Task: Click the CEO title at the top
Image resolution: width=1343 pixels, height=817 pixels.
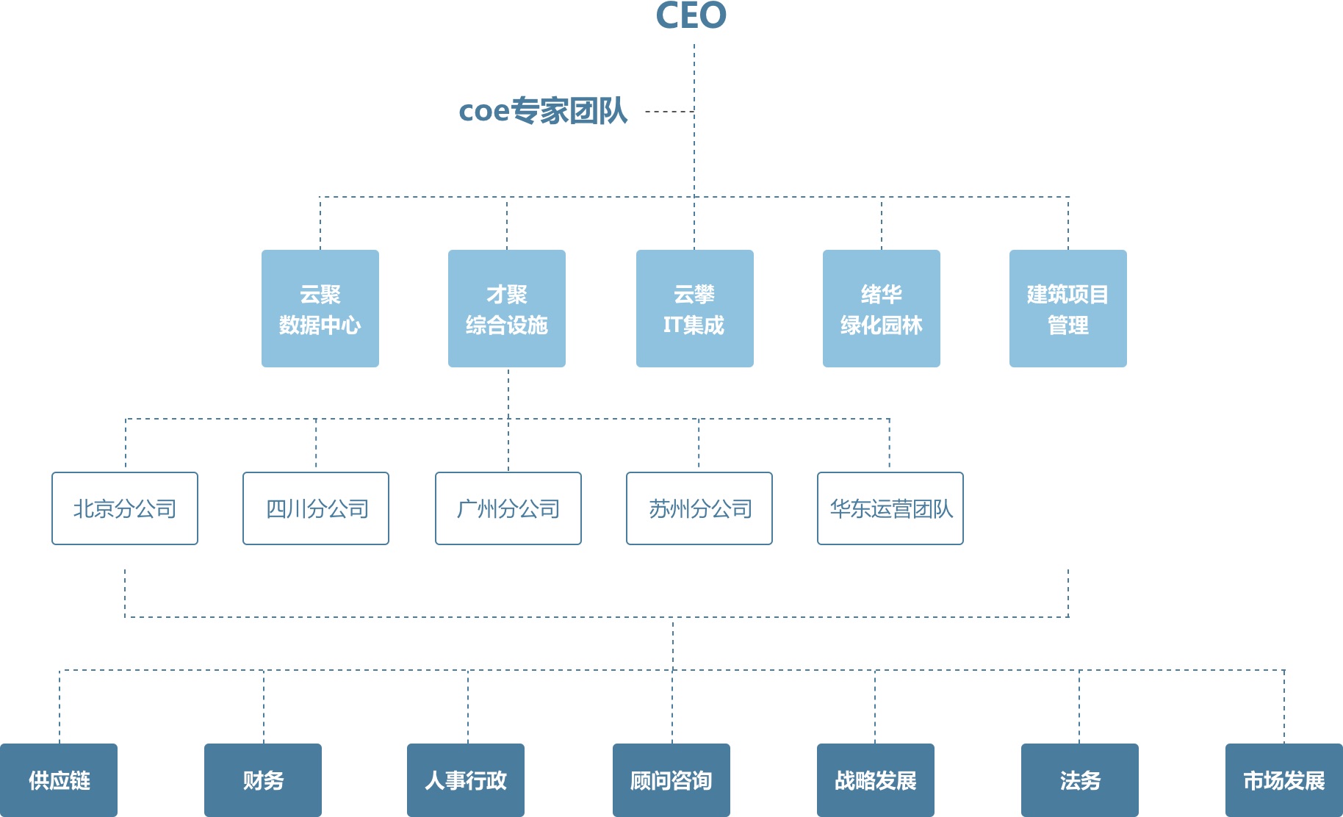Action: pos(691,15)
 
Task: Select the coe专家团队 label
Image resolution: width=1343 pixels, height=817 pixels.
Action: pos(543,111)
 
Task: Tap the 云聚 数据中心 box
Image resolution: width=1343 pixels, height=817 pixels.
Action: pos(320,309)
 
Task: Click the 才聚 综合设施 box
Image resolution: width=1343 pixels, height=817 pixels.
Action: pos(507,309)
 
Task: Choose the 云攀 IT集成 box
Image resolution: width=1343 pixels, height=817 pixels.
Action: pos(695,309)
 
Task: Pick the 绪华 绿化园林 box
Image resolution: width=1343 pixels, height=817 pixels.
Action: pos(882,309)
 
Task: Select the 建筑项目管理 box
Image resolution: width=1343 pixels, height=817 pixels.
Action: pos(1068,309)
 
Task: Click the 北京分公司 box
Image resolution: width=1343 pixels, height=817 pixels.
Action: pos(125,508)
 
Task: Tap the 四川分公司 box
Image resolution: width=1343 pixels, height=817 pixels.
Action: pos(316,508)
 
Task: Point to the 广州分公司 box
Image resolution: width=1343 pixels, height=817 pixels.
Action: pos(508,508)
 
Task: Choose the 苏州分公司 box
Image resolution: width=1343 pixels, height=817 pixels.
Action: pos(699,508)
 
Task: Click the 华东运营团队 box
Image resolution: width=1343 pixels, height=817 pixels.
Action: pos(890,508)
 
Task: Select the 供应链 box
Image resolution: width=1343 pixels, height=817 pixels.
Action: pos(59,780)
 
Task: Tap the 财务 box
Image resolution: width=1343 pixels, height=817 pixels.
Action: pos(263,780)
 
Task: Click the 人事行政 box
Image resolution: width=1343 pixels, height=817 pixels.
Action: pos(466,780)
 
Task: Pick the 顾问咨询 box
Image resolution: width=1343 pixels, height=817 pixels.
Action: pos(671,780)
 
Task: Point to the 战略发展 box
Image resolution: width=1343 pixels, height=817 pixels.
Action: pos(876,780)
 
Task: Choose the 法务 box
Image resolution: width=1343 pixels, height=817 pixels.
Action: pos(1080,780)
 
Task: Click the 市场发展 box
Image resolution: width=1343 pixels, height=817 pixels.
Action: pos(1284,780)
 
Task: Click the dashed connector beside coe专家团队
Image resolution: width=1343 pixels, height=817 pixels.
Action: pos(669,112)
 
